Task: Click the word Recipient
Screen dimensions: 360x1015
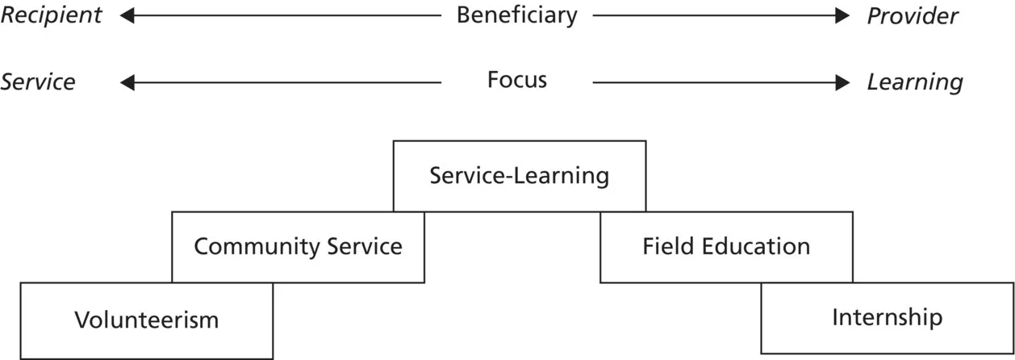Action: [x=52, y=15]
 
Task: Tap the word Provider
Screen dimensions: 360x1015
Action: [x=913, y=16]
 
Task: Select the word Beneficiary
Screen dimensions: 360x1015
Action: [x=517, y=15]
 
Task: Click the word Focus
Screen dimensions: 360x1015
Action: [x=517, y=80]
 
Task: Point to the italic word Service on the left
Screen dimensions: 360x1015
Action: [x=38, y=82]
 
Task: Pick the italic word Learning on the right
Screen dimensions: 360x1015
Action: [x=915, y=82]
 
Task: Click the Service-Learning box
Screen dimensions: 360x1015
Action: [x=520, y=176]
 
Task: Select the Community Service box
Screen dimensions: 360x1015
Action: [x=298, y=246]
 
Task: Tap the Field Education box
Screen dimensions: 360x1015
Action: [x=726, y=246]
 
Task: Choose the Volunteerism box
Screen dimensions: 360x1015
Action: [x=146, y=320]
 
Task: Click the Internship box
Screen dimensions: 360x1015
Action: [x=887, y=317]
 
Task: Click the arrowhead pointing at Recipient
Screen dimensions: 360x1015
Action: [x=126, y=15]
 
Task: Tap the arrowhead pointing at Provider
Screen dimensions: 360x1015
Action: [x=843, y=15]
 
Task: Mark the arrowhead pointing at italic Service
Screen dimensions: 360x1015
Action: [x=126, y=82]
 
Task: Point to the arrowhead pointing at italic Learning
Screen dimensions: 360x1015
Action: [x=843, y=82]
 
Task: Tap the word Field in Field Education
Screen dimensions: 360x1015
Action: [x=667, y=246]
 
